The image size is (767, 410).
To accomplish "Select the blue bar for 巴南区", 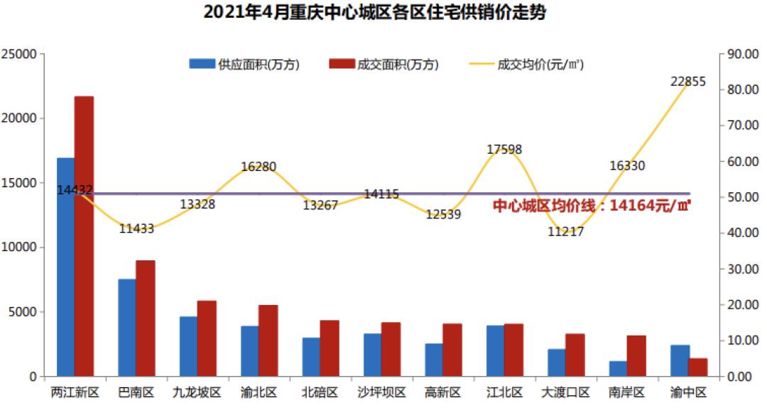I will (127, 328).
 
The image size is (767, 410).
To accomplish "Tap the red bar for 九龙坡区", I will (207, 338).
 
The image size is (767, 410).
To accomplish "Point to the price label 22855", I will (687, 82).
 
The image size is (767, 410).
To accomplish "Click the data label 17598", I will (504, 150).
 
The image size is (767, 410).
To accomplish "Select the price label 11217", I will (565, 231).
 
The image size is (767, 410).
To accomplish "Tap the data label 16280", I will (259, 167).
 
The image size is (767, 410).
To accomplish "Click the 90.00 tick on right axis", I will (740, 54).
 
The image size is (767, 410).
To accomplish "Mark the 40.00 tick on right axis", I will (740, 233).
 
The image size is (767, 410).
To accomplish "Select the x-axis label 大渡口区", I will (565, 392).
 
